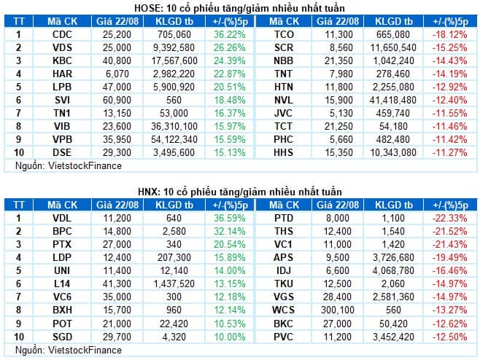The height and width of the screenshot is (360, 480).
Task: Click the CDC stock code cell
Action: click(62, 34)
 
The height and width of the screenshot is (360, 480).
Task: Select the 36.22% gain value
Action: click(230, 34)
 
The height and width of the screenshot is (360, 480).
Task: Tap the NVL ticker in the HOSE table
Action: click(284, 100)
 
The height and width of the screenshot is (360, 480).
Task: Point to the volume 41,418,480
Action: click(393, 100)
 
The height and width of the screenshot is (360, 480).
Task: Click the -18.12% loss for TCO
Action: click(449, 34)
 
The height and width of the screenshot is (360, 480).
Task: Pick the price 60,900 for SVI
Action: click(117, 100)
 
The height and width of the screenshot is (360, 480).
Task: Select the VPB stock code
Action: click(63, 139)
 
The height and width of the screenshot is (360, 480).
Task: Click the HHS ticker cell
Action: click(284, 152)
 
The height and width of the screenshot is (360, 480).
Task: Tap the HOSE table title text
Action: click(239, 8)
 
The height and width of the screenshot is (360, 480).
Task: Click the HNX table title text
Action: click(240, 192)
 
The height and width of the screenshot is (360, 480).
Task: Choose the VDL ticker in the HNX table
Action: click(62, 219)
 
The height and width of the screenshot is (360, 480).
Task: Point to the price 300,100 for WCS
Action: click(338, 310)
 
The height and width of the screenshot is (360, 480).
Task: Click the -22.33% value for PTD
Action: click(449, 219)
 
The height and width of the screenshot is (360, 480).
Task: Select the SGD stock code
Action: click(63, 337)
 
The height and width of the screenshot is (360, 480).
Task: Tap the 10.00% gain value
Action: click(230, 337)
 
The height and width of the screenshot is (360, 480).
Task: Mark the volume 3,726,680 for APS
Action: click(393, 257)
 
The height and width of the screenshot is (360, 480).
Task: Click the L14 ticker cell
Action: click(62, 283)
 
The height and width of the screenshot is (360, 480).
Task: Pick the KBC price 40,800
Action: click(117, 61)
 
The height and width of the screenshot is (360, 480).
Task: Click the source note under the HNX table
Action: click(69, 351)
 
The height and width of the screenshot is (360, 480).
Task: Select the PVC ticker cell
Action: click(284, 337)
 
